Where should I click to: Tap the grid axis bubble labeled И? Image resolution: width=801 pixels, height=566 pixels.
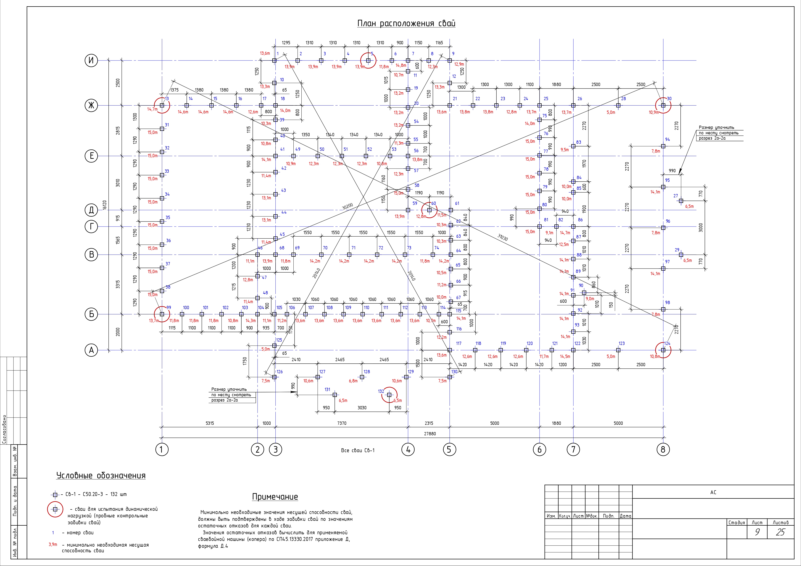tap(91, 61)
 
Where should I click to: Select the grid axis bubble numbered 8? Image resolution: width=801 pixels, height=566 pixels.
tap(663, 450)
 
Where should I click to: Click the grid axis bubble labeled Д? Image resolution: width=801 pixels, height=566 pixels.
tap(91, 210)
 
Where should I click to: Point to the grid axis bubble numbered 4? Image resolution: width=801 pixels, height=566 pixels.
tap(408, 450)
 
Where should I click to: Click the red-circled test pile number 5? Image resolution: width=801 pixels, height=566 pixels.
tap(368, 60)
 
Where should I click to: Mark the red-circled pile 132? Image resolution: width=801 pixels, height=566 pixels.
tap(389, 395)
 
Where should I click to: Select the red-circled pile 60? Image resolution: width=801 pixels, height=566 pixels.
tap(429, 210)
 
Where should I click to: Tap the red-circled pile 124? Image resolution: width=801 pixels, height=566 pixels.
tap(663, 350)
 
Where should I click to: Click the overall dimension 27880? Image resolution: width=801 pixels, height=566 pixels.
tap(429, 434)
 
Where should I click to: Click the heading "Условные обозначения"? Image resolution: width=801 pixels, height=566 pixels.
tap(101, 476)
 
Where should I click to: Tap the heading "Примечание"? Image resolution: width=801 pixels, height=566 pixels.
tap(275, 497)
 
